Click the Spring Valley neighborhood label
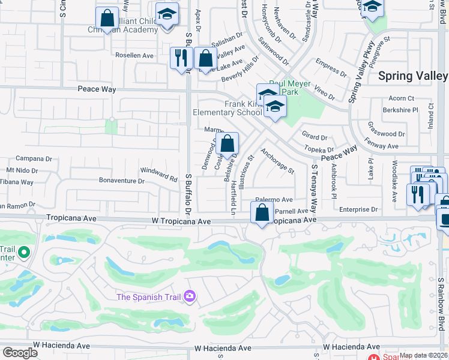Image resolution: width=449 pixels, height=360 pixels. point(413,76)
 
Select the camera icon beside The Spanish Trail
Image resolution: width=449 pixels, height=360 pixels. point(190,296)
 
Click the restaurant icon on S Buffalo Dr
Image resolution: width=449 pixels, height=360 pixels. point(179,59)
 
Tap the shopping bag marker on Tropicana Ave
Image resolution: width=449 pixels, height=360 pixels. point(262,213)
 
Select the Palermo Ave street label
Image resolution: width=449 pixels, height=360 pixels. point(274,199)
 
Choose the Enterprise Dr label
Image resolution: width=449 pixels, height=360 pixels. point(358,209)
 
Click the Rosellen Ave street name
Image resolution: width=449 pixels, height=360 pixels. point(134,55)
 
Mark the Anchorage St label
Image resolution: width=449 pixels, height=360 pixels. point(277,161)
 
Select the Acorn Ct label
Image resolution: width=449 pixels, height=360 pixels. point(402,98)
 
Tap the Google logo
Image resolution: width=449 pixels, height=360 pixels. point(20,353)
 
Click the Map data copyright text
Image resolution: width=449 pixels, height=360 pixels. point(423,355)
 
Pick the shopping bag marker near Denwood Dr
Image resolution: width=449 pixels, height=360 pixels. point(228,144)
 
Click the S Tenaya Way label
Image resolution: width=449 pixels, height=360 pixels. point(313,188)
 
